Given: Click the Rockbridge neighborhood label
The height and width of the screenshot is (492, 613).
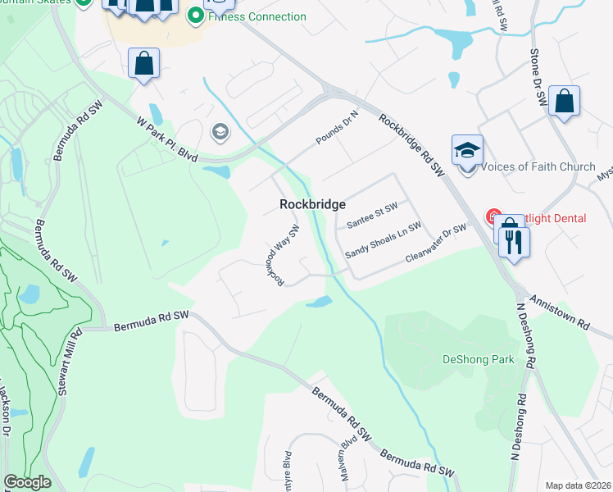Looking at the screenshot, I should [313, 204].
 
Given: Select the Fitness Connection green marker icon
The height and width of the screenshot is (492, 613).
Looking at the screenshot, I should [195, 16].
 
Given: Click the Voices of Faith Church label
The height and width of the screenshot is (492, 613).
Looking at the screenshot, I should [538, 166].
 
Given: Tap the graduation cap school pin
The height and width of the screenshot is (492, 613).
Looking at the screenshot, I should [467, 151].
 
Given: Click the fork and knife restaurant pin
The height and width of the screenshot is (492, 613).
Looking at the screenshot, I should [515, 243].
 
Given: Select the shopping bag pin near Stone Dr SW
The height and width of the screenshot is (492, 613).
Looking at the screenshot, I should [564, 102].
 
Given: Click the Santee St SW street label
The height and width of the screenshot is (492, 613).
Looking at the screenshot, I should [372, 216].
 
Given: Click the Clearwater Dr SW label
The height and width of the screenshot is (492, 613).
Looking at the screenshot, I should [435, 244].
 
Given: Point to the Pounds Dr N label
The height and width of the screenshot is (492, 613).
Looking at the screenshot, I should [338, 130].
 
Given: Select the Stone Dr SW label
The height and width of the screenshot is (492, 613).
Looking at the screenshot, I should [538, 75].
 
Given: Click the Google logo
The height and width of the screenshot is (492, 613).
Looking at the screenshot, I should [27, 482].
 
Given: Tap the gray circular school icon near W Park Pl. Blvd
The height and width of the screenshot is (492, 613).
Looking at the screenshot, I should [220, 131].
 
